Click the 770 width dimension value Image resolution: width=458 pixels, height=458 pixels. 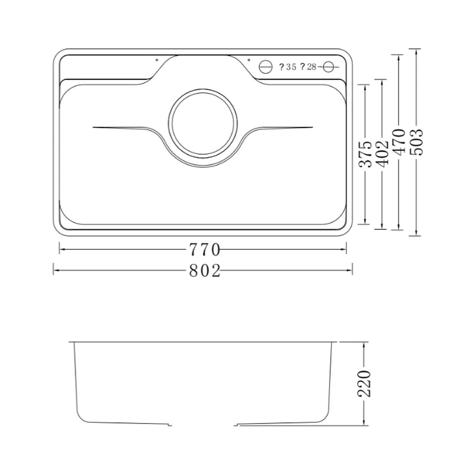click(204, 250)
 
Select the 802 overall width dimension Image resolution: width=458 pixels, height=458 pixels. click(204, 271)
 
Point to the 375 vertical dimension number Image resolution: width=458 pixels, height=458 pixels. click(365, 154)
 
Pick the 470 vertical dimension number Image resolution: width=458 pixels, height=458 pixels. click(399, 141)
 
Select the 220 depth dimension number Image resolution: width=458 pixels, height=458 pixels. click(364, 383)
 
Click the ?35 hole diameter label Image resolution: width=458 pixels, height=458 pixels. click(288, 67)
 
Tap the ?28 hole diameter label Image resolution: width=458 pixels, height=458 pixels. click(308, 67)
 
